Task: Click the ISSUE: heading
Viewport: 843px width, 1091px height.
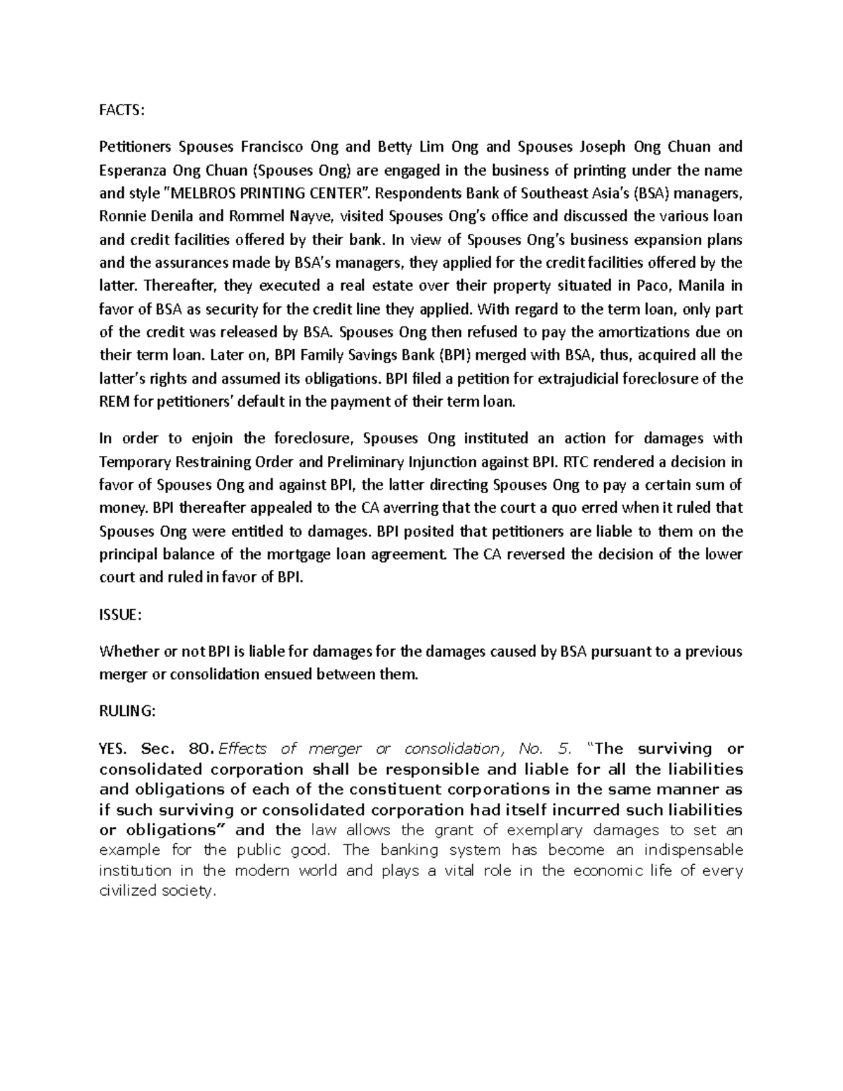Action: pos(120,615)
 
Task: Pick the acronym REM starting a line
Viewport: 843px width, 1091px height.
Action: pos(113,402)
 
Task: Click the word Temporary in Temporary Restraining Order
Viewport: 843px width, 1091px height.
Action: pos(134,462)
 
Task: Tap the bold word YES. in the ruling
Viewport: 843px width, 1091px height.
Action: pos(115,748)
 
